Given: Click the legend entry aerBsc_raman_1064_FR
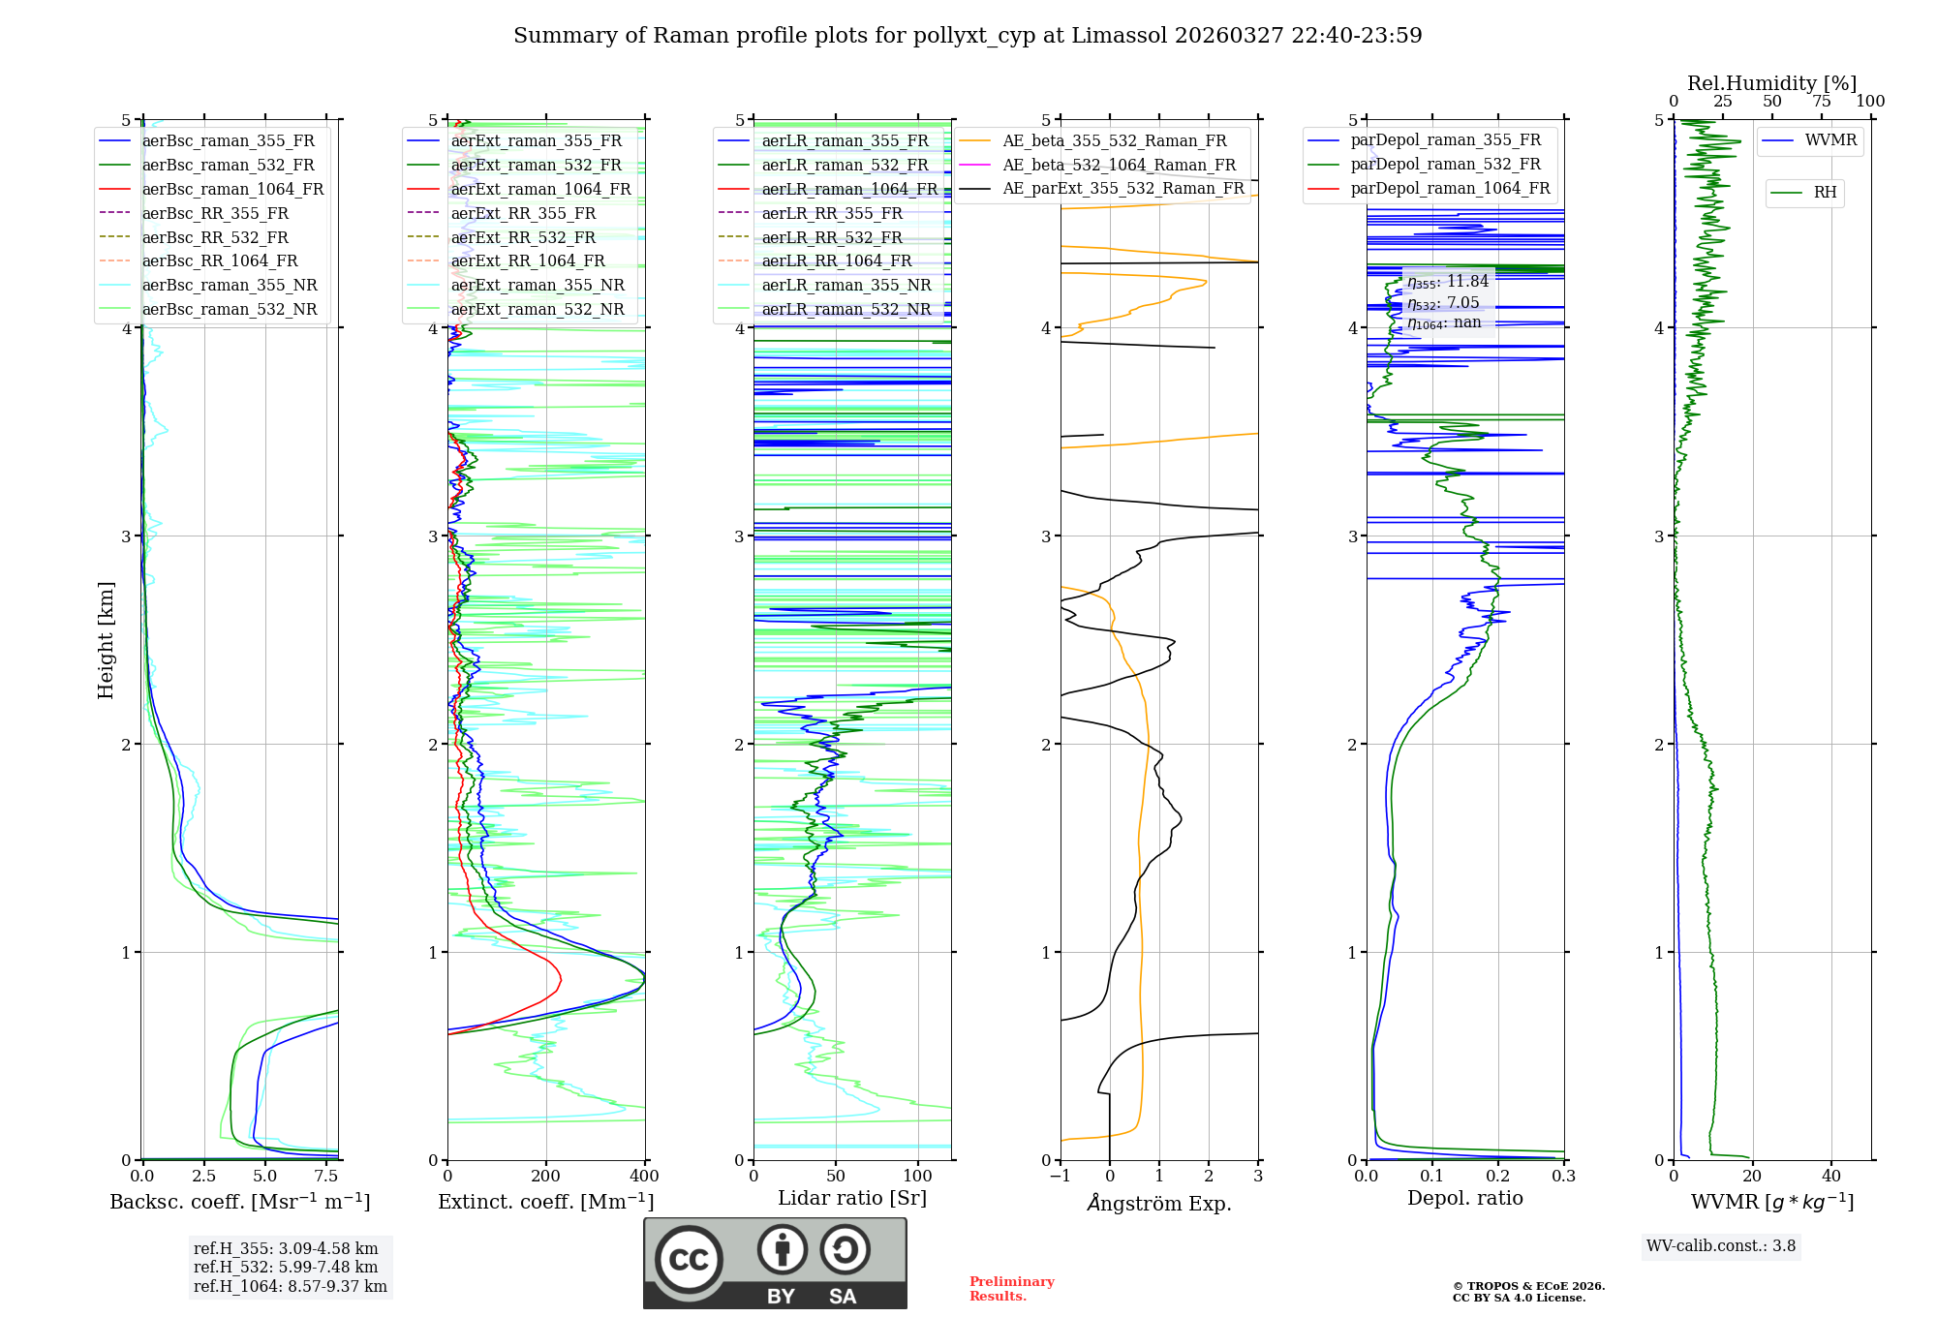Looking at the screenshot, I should point(232,189).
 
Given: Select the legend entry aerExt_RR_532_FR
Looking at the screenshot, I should point(523,237).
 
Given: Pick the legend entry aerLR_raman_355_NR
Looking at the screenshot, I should point(846,285).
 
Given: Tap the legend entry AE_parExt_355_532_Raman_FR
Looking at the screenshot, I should point(1122,188).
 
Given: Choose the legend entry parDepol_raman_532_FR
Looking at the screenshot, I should point(1445,165).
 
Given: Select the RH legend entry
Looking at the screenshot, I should point(1825,193).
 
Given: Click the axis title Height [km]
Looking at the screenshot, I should point(106,639).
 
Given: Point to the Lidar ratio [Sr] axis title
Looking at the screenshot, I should point(851,1198).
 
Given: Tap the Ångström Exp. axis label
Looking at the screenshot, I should point(1158,1203).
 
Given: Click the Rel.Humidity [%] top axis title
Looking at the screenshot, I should point(1771,83).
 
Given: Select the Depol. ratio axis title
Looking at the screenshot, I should point(1464,1198).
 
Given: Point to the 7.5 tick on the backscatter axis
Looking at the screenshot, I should point(326,1176).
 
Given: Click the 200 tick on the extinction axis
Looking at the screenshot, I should point(546,1176).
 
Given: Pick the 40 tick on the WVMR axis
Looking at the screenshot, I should point(1830,1176).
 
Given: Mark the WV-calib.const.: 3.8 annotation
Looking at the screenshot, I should point(1720,1245).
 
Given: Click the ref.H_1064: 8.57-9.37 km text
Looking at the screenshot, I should point(290,1286).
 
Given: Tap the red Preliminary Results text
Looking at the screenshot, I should point(1011,1288).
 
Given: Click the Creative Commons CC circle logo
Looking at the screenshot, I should point(689,1259).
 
